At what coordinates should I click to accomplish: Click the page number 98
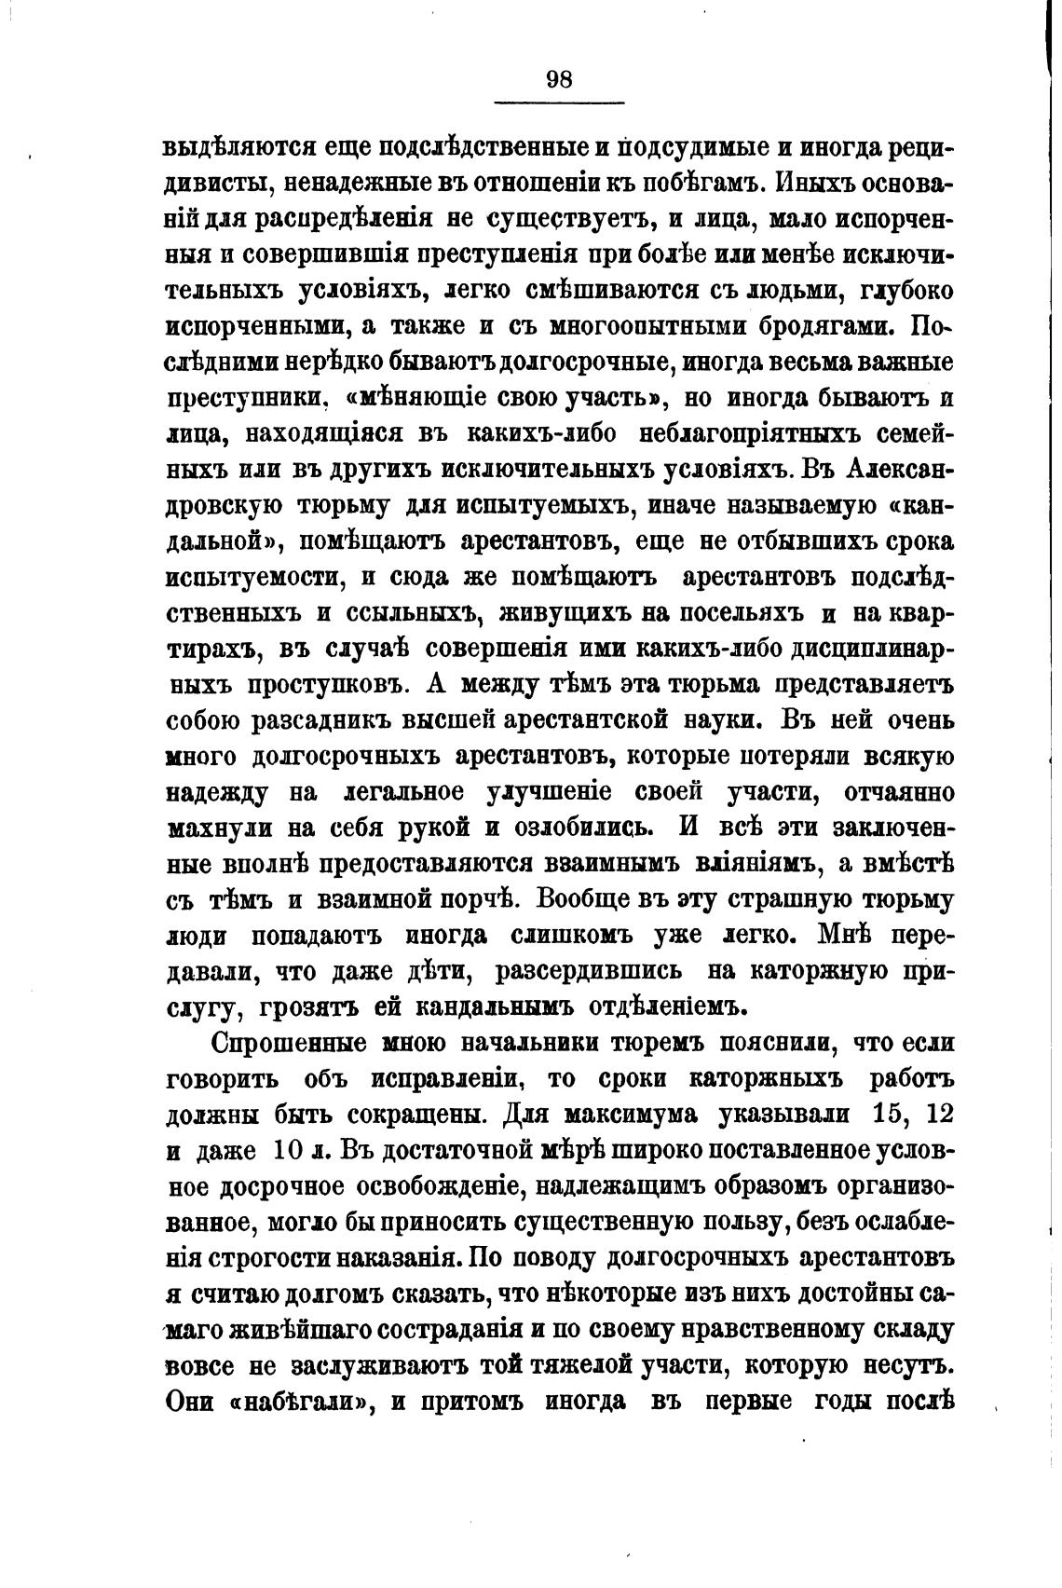559,79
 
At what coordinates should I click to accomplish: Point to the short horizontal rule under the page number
559,103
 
